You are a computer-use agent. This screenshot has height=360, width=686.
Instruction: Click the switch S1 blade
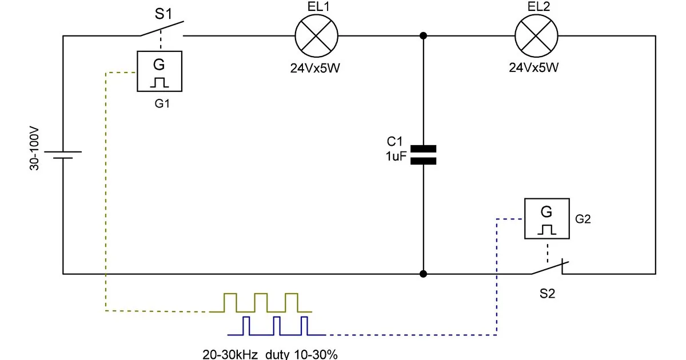pos(162,29)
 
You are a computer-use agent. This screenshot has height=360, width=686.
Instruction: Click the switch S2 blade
pos(550,268)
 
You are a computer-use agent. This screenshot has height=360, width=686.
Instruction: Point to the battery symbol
pos(63,155)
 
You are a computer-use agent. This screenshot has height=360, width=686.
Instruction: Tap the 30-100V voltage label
pos(34,149)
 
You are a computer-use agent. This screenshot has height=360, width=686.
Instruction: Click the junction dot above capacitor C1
pos(423,36)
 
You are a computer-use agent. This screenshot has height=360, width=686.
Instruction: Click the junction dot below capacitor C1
pos(423,274)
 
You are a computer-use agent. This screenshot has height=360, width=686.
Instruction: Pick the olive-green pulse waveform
pos(261,303)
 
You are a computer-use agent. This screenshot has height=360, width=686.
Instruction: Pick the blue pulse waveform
pos(277,326)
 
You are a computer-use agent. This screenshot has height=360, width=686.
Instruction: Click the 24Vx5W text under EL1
pos(315,68)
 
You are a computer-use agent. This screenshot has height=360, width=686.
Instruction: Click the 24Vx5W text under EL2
pos(534,67)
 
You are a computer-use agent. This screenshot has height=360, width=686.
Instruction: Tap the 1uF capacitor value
pos(396,156)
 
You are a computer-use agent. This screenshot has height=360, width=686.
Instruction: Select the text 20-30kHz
pos(230,354)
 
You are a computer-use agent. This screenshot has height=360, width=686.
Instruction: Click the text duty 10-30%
pos(301,354)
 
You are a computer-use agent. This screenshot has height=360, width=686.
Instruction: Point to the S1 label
pos(163,14)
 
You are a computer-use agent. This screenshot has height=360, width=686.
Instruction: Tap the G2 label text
pos(583,219)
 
